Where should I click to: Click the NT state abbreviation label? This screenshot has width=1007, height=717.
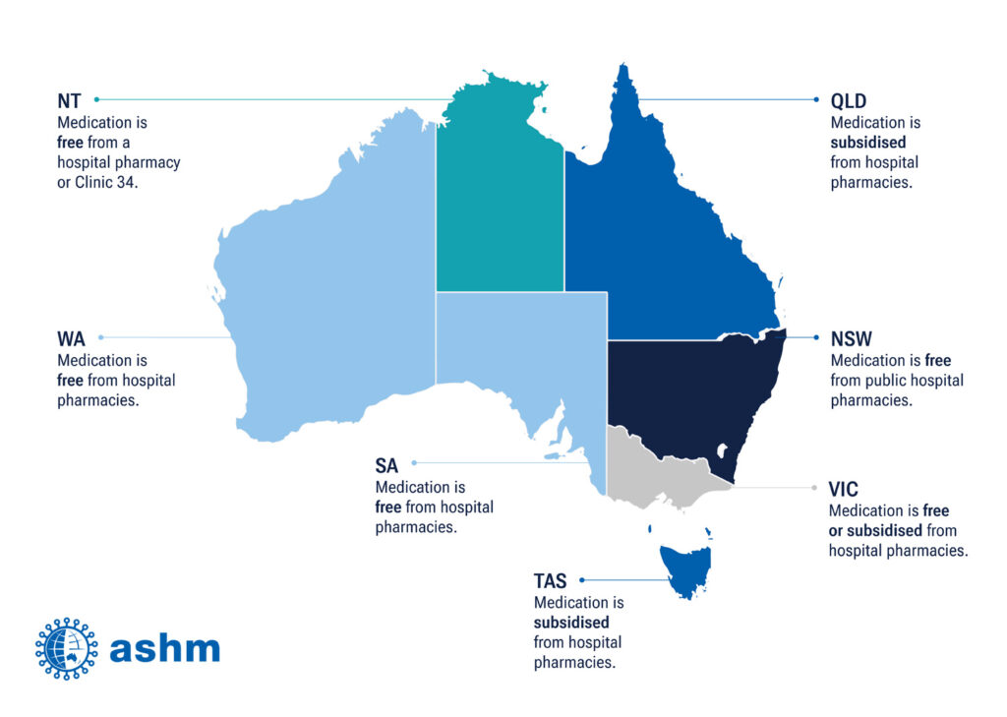click(x=69, y=100)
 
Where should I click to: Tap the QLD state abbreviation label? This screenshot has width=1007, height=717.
click(x=850, y=100)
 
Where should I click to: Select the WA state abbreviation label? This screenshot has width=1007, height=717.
click(x=71, y=338)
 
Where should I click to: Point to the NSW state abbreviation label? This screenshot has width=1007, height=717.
click(x=852, y=338)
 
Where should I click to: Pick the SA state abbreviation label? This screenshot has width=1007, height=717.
click(x=387, y=464)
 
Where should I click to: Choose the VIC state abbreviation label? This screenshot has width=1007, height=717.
click(x=844, y=489)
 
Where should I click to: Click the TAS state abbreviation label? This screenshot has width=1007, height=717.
click(x=551, y=581)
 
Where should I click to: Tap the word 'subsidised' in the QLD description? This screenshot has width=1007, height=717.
click(x=868, y=143)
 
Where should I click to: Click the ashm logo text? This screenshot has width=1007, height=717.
click(x=165, y=649)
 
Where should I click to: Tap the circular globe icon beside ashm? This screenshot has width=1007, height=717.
click(x=67, y=649)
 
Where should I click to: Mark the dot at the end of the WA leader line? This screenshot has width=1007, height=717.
click(x=100, y=337)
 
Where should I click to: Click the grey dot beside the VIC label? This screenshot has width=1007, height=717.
click(x=814, y=488)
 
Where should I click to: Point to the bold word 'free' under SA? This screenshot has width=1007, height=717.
click(x=388, y=508)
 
